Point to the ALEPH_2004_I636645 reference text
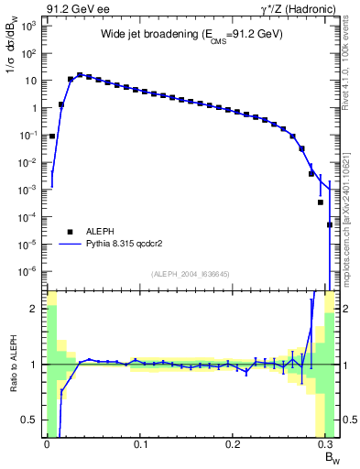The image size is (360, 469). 191,275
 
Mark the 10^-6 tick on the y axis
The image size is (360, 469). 29,271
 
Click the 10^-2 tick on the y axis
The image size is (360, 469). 29,162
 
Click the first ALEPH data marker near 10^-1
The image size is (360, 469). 52,136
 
